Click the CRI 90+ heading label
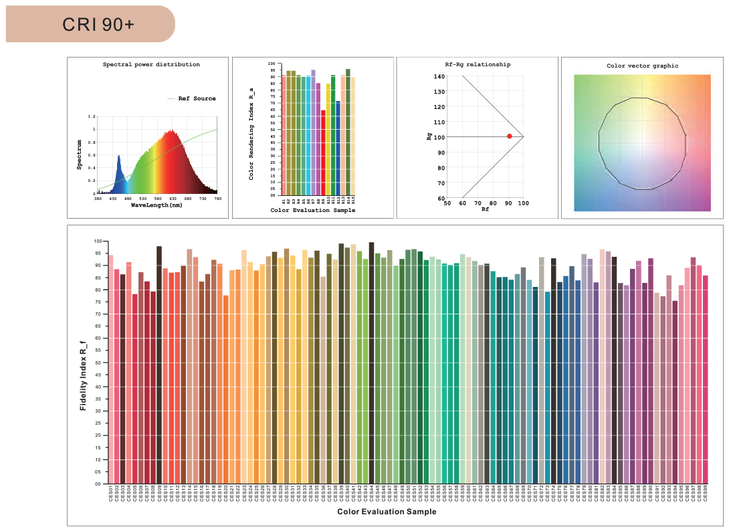98,25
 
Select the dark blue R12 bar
338,148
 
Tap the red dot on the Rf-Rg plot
509,136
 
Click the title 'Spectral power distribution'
151,65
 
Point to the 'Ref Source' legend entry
197,99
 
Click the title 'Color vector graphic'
642,66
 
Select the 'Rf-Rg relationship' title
478,65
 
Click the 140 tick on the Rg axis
439,76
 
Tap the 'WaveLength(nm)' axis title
156,205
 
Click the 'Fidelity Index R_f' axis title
84,375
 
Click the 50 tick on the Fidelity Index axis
98,362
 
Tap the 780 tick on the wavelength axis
217,199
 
